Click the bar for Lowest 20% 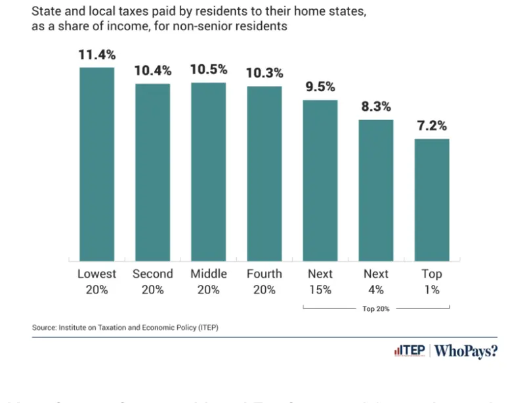coord(96,164)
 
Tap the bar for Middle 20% coord(208,171)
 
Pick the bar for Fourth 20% coord(264,173)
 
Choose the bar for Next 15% coord(320,180)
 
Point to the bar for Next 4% coord(375,190)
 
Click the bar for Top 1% coord(431,200)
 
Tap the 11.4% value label coord(96,55)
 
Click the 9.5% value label coord(320,87)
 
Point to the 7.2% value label coord(431,126)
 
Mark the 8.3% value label coord(375,107)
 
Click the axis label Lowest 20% coord(96,281)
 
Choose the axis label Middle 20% coord(208,281)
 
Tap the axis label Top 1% coord(431,281)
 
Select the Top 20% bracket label coord(375,307)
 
